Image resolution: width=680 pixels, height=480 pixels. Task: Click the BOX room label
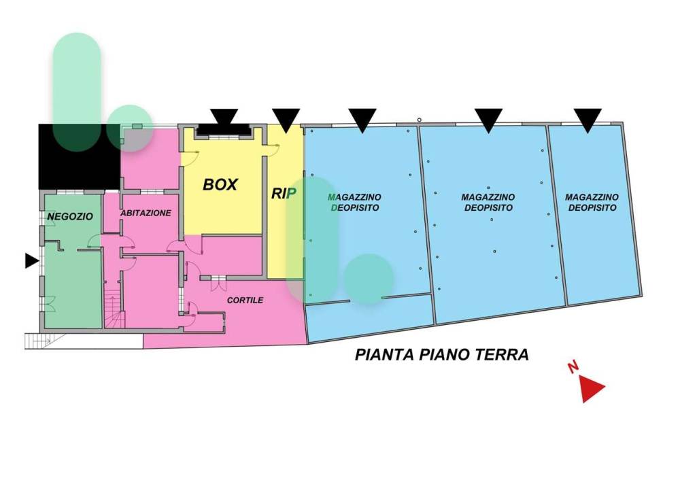220,185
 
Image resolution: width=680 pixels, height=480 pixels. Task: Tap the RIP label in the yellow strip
284,194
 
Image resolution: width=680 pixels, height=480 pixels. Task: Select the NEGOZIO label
70,216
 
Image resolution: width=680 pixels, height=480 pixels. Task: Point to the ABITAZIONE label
146,213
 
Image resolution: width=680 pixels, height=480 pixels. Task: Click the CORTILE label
245,300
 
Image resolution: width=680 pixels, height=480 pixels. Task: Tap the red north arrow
591,388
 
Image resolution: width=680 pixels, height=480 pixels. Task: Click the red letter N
573,368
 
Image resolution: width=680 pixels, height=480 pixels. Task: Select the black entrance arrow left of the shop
32,260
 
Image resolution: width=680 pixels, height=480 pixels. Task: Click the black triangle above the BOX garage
224,117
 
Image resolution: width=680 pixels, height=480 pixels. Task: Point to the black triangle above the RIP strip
286,120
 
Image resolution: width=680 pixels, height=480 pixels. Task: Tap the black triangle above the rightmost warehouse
588,120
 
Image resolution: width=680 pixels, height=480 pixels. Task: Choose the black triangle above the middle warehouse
488,120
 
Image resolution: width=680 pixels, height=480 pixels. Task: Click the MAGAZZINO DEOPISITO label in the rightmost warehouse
592,203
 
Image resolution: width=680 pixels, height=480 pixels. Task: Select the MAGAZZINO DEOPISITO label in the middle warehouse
488,203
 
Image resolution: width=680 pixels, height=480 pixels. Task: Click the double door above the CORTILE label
218,283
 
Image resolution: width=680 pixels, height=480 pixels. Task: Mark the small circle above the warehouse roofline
420,120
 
